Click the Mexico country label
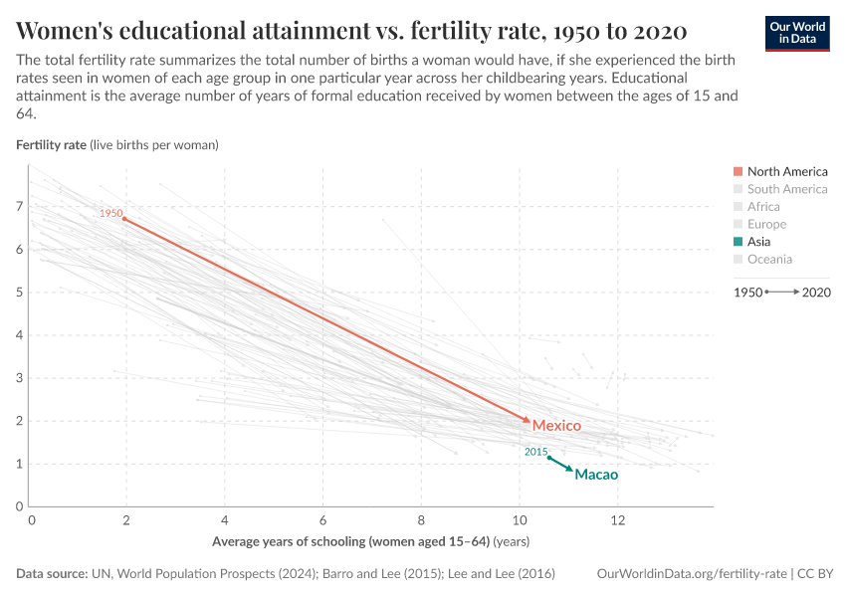[x=556, y=426]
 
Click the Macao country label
[x=596, y=475]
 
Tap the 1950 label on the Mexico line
[x=110, y=213]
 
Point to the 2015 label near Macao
[x=536, y=452]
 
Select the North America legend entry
[x=786, y=171]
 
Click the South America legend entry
[x=786, y=189]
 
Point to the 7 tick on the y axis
[x=19, y=206]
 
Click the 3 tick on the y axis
[x=19, y=378]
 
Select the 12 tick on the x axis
[x=617, y=520]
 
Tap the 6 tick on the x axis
[x=324, y=520]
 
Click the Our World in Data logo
[x=797, y=32]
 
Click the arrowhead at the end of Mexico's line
[x=527, y=421]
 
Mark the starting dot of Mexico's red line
[x=124, y=219]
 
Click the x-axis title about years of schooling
[x=370, y=542]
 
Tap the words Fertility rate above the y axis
[x=51, y=144]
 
